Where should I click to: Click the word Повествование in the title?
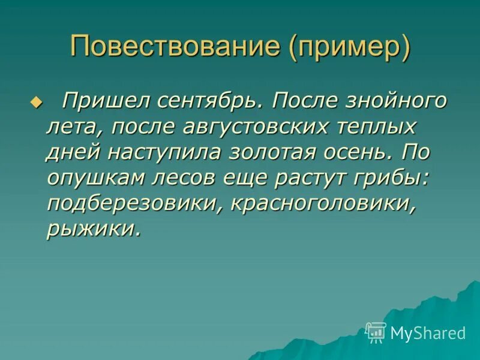(x=176, y=46)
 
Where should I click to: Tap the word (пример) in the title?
(x=350, y=46)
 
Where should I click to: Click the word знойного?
(x=390, y=101)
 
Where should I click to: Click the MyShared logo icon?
(x=376, y=332)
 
